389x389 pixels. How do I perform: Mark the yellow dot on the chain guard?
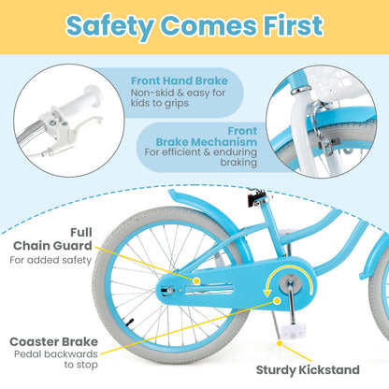pos(196,280)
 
